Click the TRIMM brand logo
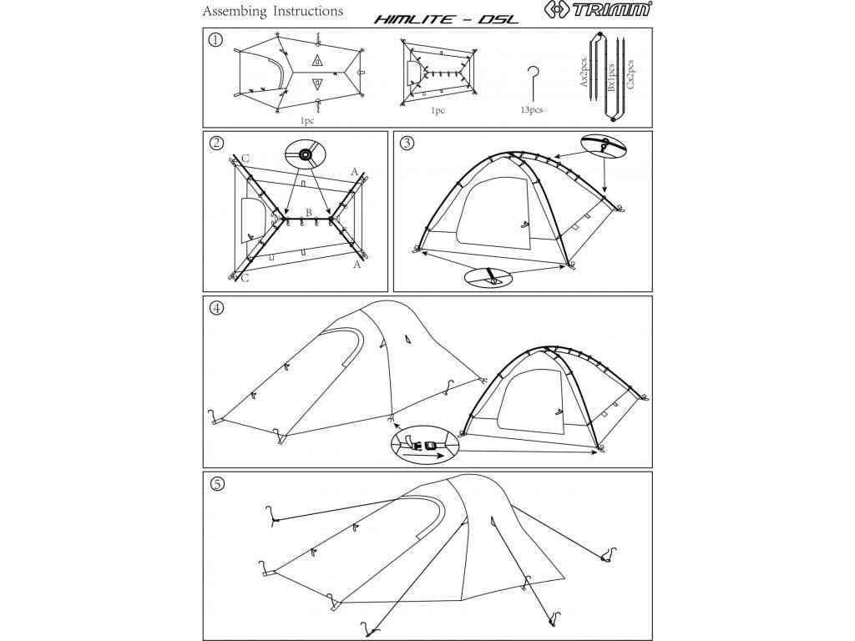pos(599,11)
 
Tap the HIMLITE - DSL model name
pos(446,18)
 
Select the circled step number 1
pos(215,41)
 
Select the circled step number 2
pos(216,143)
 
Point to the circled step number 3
pos(406,143)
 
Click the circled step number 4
pos(216,307)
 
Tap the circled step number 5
pos(216,484)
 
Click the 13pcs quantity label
pos(531,110)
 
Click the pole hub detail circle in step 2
pos(304,154)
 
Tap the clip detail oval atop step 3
pos(601,145)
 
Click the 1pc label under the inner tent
pos(438,110)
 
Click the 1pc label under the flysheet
pos(308,120)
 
